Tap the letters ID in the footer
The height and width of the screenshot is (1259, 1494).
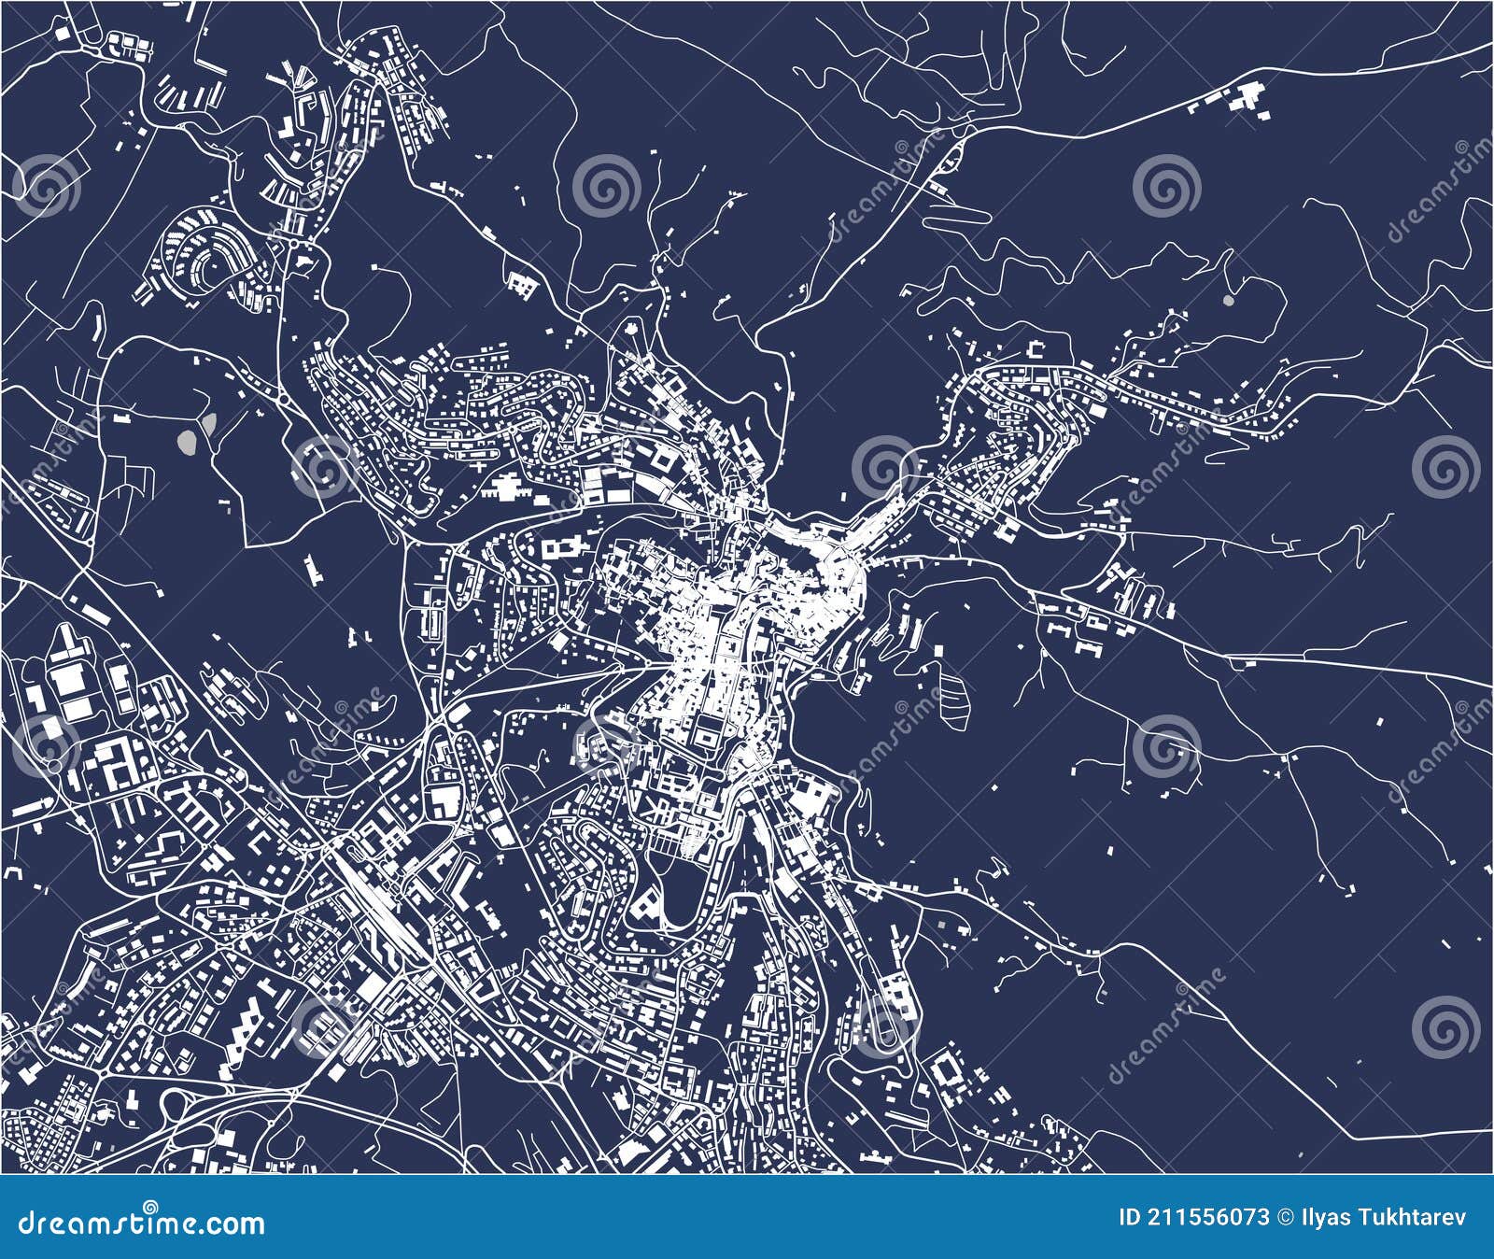1130,1217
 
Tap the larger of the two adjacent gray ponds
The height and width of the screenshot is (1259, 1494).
188,441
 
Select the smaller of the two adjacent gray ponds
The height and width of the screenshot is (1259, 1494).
208,426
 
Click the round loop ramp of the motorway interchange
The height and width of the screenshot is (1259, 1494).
174,1108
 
